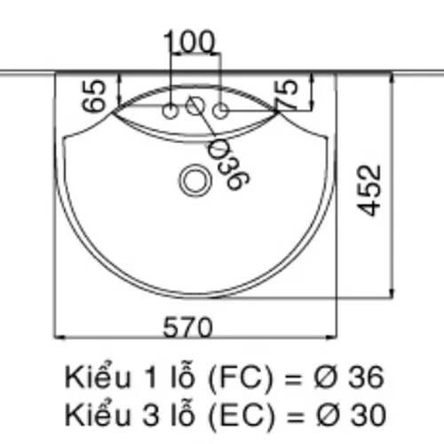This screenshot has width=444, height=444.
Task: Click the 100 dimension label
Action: (188, 42)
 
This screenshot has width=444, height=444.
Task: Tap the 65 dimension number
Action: (94, 96)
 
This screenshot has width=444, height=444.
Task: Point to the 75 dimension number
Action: (286, 94)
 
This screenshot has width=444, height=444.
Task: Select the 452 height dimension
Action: (369, 190)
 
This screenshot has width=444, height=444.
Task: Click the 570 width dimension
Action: (188, 327)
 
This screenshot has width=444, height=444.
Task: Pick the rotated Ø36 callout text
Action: (228, 163)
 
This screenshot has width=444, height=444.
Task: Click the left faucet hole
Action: (170, 111)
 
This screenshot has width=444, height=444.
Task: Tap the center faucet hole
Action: (195, 106)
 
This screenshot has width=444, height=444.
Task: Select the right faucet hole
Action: (220, 111)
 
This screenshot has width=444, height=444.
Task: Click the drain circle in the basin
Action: (195, 180)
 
